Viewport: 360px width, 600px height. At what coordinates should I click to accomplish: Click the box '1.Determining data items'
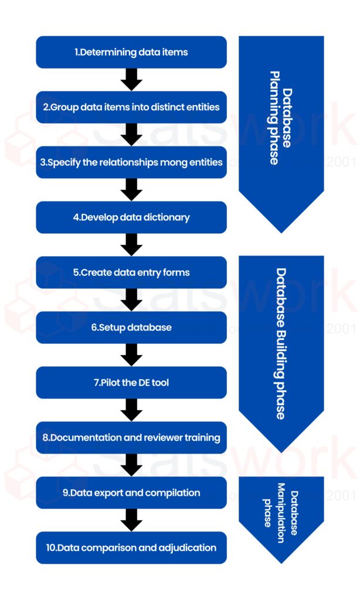coord(131,52)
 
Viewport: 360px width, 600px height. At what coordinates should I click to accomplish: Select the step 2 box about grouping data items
coord(131,107)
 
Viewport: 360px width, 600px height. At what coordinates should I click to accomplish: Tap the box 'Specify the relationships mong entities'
coord(131,162)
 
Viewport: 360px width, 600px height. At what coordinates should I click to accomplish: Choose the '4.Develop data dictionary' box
coord(131,217)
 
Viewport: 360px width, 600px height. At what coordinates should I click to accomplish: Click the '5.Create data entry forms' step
coord(131,272)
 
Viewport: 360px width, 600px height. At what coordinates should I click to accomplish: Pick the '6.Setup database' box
coord(131,328)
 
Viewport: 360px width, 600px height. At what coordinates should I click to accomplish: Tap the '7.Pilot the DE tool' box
coord(131,383)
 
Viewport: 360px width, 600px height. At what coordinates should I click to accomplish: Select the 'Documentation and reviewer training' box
coord(131,438)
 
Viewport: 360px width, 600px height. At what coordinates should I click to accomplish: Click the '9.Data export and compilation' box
coord(131,493)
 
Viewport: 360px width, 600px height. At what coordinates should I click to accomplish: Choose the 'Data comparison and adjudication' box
coord(131,548)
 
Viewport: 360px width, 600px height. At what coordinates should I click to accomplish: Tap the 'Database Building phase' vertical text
coord(281,343)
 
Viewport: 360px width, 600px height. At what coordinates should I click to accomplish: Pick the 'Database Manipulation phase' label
coord(281,509)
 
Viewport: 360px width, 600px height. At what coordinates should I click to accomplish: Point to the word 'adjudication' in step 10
coord(186,548)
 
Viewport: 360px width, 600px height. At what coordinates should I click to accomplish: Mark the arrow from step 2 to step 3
coord(131,135)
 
